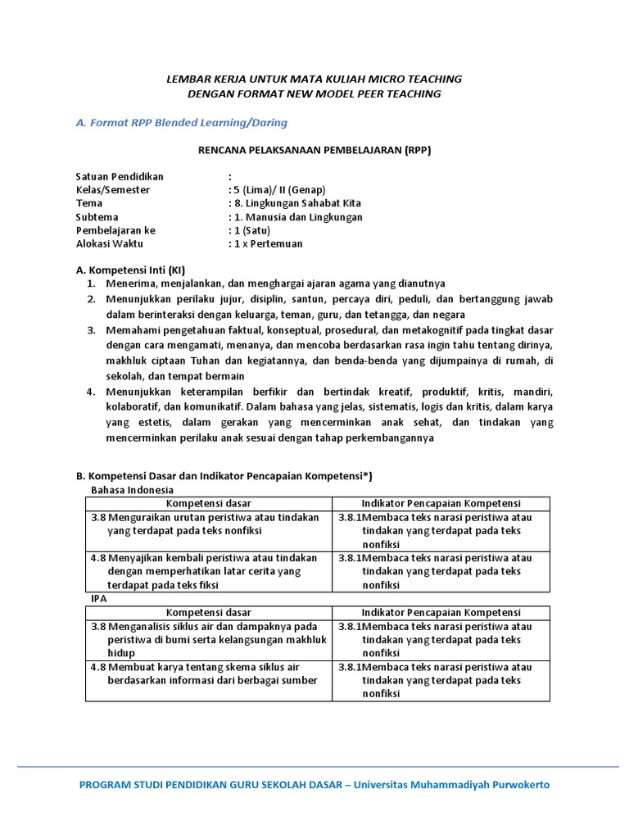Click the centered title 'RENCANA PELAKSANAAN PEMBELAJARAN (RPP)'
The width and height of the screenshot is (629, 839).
pyautogui.click(x=314, y=150)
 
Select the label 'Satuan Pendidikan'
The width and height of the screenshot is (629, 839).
pyautogui.click(x=120, y=176)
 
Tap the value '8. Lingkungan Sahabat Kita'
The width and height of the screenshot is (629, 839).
pyautogui.click(x=295, y=203)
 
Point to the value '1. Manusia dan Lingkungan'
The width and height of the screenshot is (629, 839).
pyautogui.click(x=296, y=217)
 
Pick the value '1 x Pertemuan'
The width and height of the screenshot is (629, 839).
pyautogui.click(x=266, y=243)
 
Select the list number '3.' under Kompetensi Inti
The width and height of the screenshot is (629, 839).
pyautogui.click(x=92, y=330)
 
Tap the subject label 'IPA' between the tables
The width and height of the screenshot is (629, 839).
pyautogui.click(x=97, y=599)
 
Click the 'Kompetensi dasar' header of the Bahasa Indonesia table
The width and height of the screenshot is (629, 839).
pyautogui.click(x=209, y=503)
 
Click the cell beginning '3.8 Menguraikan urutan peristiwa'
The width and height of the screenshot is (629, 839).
pyautogui.click(x=205, y=524)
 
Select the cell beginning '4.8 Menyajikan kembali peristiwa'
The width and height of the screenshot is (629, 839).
pyautogui.click(x=205, y=571)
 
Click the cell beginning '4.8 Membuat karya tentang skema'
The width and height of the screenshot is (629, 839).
pyautogui.click(x=205, y=674)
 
